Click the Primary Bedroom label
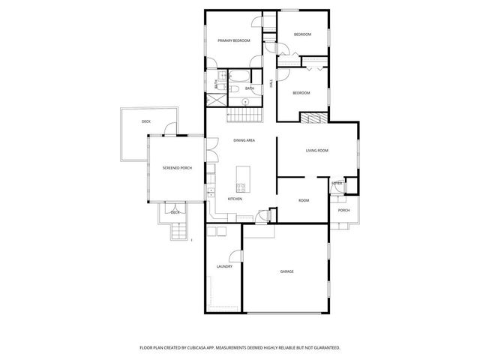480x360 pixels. click(233, 40)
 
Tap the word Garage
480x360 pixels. click(286, 271)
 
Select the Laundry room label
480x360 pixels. click(224, 266)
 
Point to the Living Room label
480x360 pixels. click(317, 151)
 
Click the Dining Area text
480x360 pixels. click(244, 141)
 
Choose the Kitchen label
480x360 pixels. click(235, 199)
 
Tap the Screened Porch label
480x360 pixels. click(177, 168)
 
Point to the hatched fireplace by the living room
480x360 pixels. click(313, 118)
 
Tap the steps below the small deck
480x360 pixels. click(178, 232)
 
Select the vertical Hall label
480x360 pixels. click(271, 85)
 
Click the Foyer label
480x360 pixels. click(337, 183)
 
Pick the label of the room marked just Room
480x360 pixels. click(304, 200)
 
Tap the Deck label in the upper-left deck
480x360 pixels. click(146, 121)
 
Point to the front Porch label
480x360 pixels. click(343, 210)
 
